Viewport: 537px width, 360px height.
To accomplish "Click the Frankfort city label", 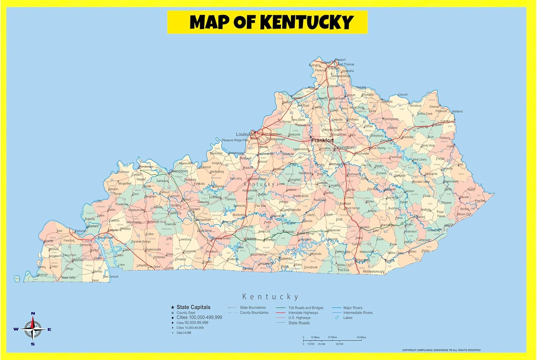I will coord(322,140).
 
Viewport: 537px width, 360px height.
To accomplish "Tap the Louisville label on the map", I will coord(245,134).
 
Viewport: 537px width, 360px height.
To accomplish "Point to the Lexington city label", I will coord(344,148).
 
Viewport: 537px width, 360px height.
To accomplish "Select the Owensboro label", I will coord(179,171).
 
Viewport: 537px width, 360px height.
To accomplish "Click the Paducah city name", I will coord(81,231).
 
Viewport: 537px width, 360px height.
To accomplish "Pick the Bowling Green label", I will coord(221,238).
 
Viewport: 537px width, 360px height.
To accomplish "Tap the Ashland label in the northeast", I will coord(457,111).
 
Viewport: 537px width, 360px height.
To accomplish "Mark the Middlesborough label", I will coord(373,272).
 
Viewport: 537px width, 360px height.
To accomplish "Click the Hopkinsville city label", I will coord(153,250).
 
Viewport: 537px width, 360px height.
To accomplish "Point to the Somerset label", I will coord(334,230).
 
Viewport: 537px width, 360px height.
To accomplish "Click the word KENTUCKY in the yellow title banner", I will coord(307,22).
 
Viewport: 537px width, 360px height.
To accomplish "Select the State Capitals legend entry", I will coord(193,307).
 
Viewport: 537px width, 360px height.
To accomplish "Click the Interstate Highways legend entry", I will coord(303,313).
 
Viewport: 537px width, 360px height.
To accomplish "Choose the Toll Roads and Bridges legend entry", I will coord(306,308).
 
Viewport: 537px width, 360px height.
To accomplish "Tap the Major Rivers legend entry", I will coord(353,308).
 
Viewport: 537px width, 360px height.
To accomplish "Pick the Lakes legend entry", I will coord(348,318).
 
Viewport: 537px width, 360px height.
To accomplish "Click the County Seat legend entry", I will coord(186,313).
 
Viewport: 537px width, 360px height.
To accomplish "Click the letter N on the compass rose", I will coord(33,314).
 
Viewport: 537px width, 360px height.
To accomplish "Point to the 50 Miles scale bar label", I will coord(361,337).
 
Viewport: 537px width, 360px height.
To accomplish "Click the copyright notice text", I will coord(441,350).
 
